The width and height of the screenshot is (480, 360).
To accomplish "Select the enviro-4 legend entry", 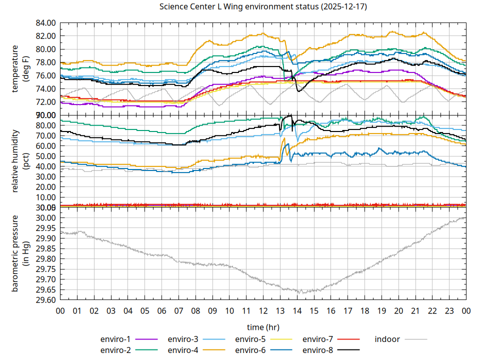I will [x=183, y=349].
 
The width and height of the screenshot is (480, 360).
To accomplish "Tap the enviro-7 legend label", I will [x=318, y=339].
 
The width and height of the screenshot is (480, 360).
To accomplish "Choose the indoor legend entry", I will [x=387, y=339].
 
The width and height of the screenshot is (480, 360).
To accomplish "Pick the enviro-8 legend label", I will [x=318, y=349].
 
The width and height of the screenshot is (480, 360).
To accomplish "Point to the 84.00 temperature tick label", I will [x=45, y=23].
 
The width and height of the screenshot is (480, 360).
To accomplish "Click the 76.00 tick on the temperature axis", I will [x=45, y=75].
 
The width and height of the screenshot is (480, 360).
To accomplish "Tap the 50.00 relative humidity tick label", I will [x=45, y=156].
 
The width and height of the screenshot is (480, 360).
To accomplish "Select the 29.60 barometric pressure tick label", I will [x=45, y=300].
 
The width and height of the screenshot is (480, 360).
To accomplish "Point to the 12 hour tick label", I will [x=263, y=310].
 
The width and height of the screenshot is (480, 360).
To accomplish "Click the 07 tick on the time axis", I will [x=178, y=310].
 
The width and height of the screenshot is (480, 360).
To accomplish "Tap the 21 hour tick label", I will [x=415, y=310].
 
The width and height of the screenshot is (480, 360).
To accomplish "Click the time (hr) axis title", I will [x=263, y=327].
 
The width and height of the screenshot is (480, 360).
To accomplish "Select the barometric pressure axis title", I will [x=21, y=253].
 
